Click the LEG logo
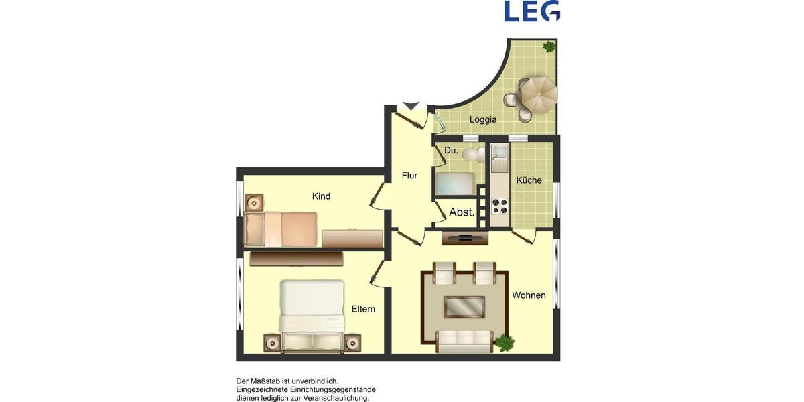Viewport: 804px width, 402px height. [532, 11]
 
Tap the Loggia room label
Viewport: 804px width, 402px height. [483, 120]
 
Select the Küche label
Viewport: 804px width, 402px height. [529, 180]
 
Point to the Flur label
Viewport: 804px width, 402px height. [409, 176]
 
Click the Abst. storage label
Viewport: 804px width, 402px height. [462, 212]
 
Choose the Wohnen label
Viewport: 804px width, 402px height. [529, 295]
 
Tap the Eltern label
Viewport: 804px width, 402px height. [363, 309]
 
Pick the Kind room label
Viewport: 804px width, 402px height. [322, 196]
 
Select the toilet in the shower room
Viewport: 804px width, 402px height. [473, 155]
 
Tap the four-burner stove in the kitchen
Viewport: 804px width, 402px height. [499, 206]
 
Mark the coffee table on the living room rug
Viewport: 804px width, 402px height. [464, 307]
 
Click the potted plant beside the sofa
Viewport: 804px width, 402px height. [504, 342]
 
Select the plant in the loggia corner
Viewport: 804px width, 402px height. [549, 47]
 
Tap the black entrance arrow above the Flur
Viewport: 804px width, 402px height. [411, 106]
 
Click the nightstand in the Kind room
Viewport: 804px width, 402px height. [255, 202]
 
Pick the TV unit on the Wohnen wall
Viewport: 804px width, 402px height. [465, 237]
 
